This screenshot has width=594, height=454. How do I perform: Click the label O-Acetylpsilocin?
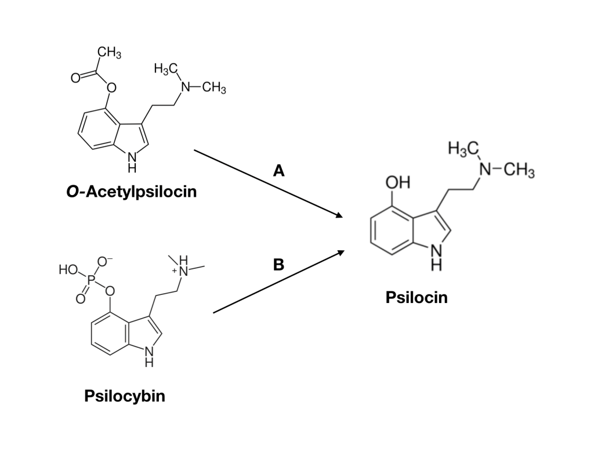click(132, 191)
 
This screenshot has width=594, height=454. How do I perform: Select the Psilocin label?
click(416, 298)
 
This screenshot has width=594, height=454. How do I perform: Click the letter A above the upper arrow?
click(278, 171)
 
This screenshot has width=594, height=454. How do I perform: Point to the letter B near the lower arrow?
click(278, 265)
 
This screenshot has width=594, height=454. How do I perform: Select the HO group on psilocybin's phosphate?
click(67, 270)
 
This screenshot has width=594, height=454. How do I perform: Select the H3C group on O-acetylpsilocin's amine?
click(165, 69)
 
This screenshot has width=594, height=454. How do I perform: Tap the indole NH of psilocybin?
click(149, 355)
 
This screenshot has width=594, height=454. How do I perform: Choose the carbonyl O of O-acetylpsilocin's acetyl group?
click(75, 77)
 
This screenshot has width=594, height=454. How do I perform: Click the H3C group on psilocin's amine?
click(463, 149)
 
